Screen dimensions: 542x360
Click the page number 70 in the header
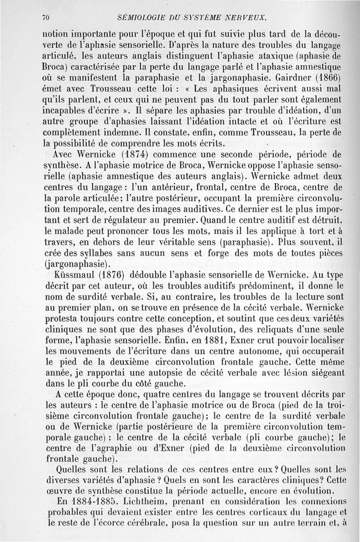point(45,18)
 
